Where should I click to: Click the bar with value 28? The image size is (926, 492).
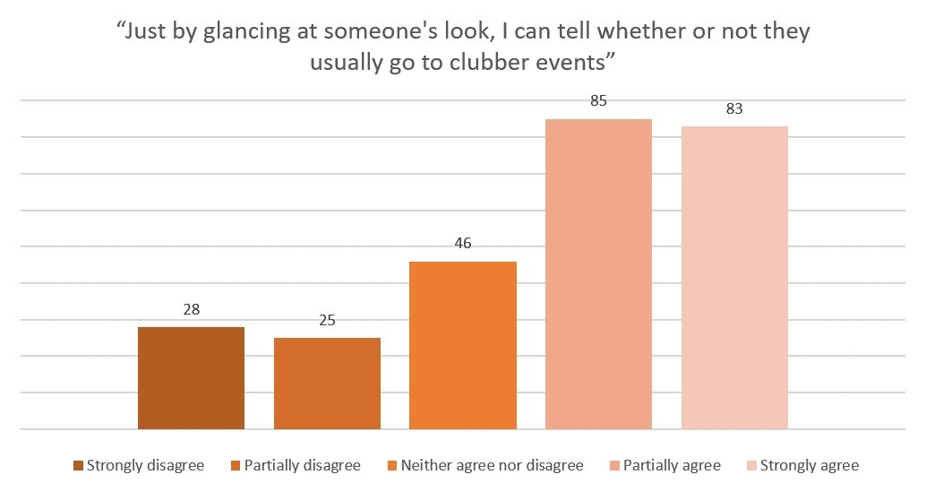(x=191, y=378)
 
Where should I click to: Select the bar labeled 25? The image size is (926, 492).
(x=327, y=384)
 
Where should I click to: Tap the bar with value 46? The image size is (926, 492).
(x=463, y=345)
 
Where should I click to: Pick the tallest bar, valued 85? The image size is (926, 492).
(x=599, y=274)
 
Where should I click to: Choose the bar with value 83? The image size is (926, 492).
(x=734, y=278)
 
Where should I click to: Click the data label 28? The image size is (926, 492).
(x=191, y=310)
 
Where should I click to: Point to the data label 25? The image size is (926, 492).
(x=327, y=321)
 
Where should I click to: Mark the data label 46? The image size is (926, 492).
(x=463, y=244)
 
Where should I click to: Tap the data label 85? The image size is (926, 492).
(x=599, y=101)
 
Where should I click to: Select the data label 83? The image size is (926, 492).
(x=734, y=108)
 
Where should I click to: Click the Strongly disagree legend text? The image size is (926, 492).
(x=145, y=465)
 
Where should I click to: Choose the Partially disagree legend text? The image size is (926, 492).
(x=302, y=465)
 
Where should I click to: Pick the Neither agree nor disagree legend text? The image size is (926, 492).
(x=492, y=465)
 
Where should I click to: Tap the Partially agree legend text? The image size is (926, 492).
(x=672, y=465)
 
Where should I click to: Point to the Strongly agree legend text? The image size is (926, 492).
(x=809, y=465)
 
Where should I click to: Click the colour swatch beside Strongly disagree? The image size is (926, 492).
(x=78, y=465)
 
